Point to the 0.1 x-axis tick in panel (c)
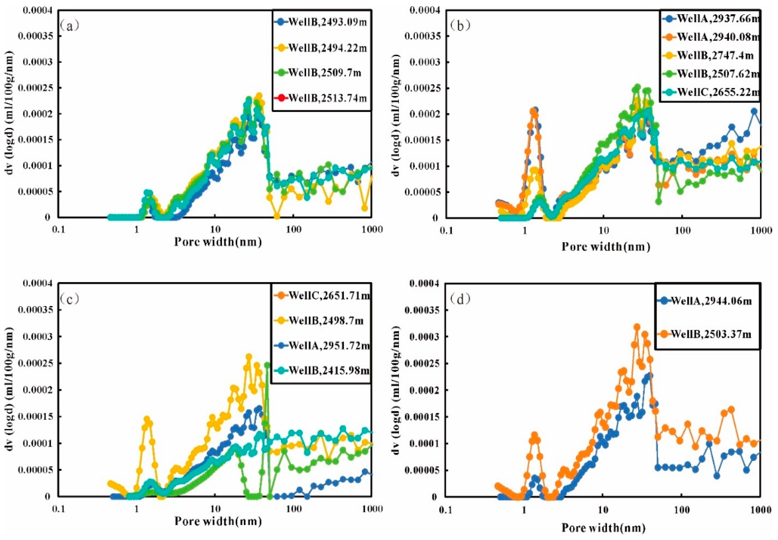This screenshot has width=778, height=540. point(58,509)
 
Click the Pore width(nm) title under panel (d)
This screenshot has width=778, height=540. point(604,528)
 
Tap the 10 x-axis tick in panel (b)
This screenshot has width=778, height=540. point(604,231)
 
